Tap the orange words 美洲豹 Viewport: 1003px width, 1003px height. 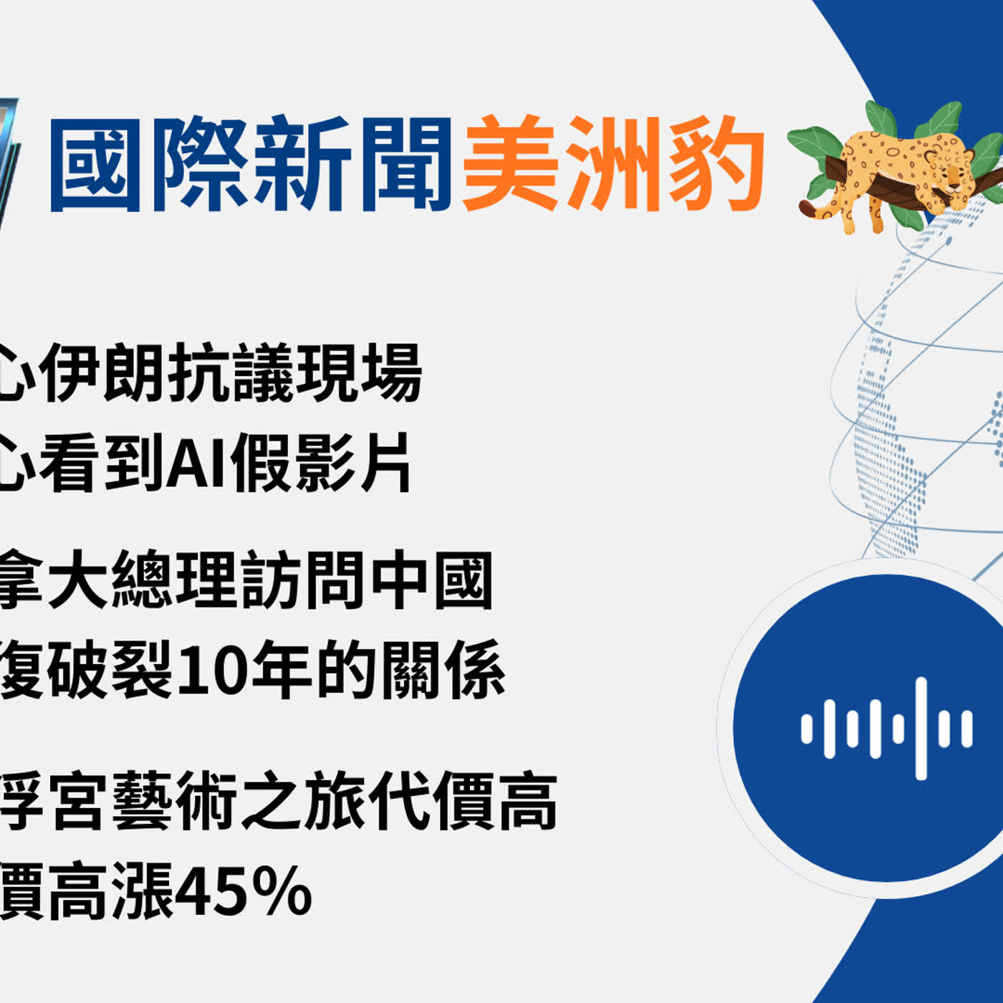click(613, 165)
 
